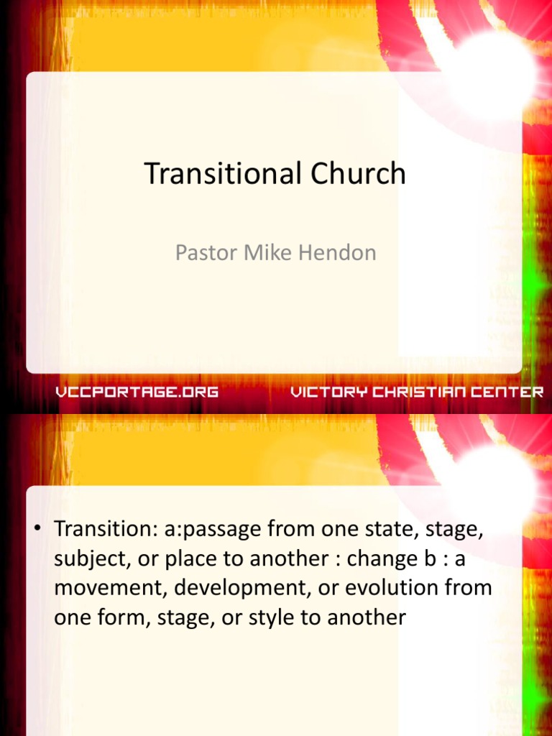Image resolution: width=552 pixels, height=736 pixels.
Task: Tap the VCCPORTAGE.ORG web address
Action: [x=137, y=392]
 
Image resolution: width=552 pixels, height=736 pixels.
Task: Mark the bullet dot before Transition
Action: [x=36, y=528]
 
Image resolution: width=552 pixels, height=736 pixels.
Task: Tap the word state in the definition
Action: [x=390, y=530]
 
